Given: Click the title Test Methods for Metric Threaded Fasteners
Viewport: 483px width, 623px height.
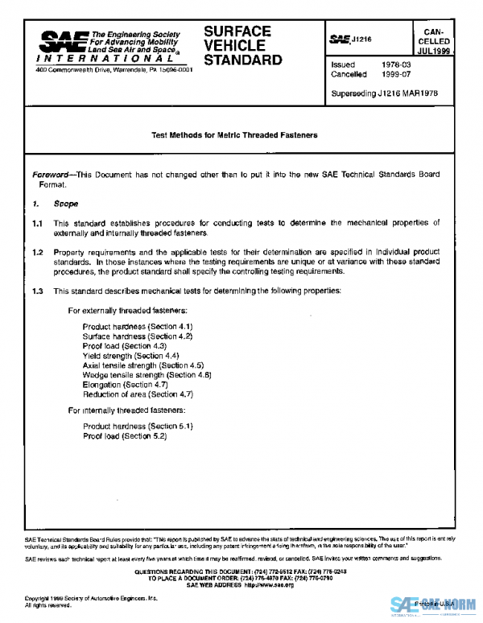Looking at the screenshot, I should tap(235, 135).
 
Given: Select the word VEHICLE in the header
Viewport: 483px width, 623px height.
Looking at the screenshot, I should tap(233, 46).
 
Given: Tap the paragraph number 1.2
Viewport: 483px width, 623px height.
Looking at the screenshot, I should tap(37, 252).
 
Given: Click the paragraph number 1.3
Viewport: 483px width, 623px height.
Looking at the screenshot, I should tap(37, 290).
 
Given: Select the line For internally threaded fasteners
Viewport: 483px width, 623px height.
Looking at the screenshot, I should tap(126, 411).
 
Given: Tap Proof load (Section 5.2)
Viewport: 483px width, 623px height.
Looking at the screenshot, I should tap(124, 435).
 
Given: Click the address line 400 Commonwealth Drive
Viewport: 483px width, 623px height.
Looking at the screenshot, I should tap(114, 68).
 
